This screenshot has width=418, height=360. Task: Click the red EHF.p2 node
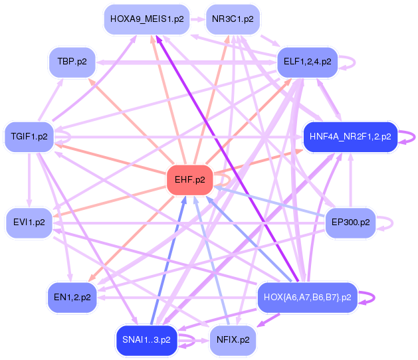click(190, 180)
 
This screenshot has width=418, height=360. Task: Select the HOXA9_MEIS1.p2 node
click(147, 19)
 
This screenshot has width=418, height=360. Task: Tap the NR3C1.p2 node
click(233, 19)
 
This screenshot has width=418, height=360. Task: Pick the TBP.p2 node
click(72, 62)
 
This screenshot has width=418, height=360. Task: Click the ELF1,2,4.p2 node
click(308, 62)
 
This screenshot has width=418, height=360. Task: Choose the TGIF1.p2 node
click(29, 137)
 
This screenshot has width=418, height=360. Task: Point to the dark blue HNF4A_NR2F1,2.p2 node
click(350, 137)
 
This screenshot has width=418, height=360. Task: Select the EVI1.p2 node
click(29, 223)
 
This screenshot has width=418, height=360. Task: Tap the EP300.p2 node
click(351, 223)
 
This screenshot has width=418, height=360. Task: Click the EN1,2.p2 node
click(72, 297)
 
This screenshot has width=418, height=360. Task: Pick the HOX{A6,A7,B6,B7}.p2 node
click(308, 297)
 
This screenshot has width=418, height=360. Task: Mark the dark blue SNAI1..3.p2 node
click(146, 340)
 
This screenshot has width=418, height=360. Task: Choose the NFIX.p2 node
click(233, 340)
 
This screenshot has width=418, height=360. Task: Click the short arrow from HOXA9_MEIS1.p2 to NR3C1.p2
click(197, 19)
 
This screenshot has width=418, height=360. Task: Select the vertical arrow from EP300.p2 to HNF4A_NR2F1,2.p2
click(351, 180)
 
